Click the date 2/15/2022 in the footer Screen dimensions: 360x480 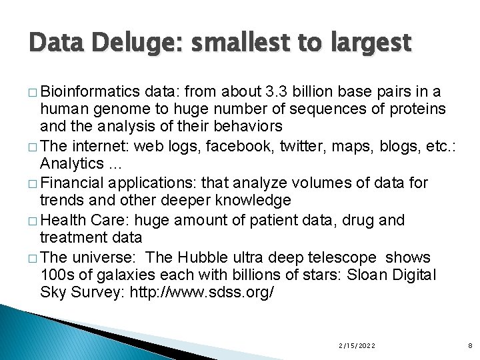357,345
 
